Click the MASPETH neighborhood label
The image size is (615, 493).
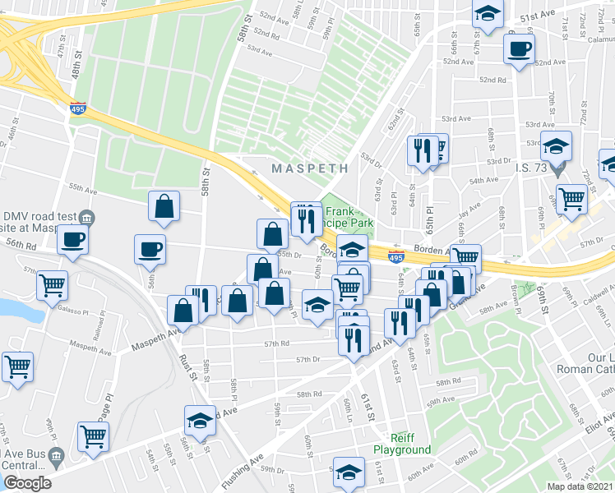click(x=310, y=168)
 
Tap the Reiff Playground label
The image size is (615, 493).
click(x=402, y=444)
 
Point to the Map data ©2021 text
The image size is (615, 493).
click(x=580, y=486)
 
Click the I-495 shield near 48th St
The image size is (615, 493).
click(x=78, y=109)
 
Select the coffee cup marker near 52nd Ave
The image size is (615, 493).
click(x=519, y=48)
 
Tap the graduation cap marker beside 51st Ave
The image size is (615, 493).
click(x=487, y=15)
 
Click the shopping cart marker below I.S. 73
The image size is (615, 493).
click(x=571, y=197)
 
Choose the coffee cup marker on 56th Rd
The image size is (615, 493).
click(x=72, y=242)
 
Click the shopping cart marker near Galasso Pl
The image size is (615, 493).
click(x=52, y=285)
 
